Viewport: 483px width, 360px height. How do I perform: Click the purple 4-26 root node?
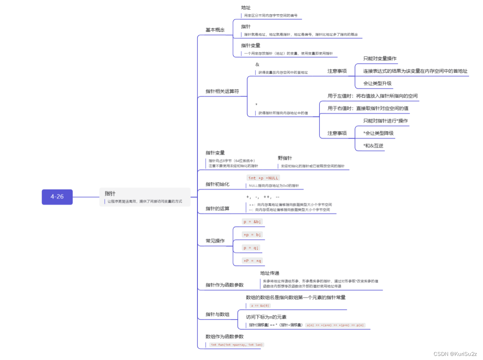pos(57,197)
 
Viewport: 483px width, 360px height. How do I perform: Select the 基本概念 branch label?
pos(215,30)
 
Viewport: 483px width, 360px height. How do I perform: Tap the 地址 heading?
pos(246,8)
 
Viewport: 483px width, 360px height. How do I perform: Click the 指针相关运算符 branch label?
pos(222,91)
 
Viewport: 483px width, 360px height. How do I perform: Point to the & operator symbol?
pos(257,64)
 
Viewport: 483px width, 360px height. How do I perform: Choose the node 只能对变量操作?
pos(380,58)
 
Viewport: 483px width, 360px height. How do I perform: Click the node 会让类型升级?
pos(377,83)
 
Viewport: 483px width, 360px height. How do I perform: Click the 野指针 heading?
pos(285,158)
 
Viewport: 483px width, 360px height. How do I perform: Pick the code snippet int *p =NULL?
pos(263,178)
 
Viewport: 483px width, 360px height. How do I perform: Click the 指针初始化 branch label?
pos(217,184)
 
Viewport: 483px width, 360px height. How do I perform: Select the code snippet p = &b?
pos(252,222)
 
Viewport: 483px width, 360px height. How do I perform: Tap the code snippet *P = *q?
pos(253,261)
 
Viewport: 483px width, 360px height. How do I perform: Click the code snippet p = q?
pos(251,247)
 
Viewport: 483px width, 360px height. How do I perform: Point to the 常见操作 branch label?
pos(215,241)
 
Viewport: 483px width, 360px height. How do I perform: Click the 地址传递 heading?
pos(270,273)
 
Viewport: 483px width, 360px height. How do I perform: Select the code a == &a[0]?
pos(260,305)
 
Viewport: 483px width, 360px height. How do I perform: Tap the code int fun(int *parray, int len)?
pos(236,345)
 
